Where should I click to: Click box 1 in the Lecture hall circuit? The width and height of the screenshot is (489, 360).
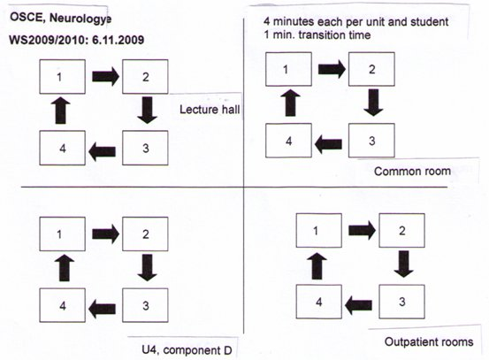pyautogui.click(x=63, y=77)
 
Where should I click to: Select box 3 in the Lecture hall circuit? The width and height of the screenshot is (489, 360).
pyautogui.click(x=145, y=148)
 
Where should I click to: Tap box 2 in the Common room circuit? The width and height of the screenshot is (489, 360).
pyautogui.click(x=371, y=69)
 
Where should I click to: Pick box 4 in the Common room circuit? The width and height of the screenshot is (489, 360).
pyautogui.click(x=288, y=141)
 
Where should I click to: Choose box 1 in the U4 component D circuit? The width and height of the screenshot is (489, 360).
pyautogui.click(x=63, y=234)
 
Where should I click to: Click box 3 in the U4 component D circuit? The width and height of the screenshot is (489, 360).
pyautogui.click(x=145, y=305)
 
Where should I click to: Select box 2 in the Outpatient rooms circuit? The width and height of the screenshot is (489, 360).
pyautogui.click(x=401, y=231)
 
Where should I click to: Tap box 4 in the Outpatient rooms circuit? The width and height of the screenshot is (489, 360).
pyautogui.click(x=318, y=302)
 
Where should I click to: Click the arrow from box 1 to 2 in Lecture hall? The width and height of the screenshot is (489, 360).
pyautogui.click(x=106, y=76)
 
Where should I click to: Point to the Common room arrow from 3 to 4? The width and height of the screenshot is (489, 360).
pyautogui.click(x=328, y=144)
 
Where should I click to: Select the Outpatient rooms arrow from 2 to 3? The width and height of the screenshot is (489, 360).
pyautogui.click(x=403, y=264)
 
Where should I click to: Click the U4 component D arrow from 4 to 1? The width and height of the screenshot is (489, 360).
pyautogui.click(x=65, y=268)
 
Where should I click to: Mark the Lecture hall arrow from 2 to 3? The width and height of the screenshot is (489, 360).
pyautogui.click(x=147, y=110)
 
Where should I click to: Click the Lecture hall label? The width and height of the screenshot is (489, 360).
pyautogui.click(x=210, y=110)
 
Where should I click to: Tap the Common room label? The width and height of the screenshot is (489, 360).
pyautogui.click(x=412, y=172)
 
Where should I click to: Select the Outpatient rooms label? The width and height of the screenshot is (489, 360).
pyautogui.click(x=429, y=342)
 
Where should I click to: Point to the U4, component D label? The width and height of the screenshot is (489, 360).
pyautogui.click(x=187, y=350)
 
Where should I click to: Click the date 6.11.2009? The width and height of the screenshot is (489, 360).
pyautogui.click(x=118, y=40)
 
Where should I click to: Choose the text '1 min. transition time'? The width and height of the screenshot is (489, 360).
pyautogui.click(x=317, y=35)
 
